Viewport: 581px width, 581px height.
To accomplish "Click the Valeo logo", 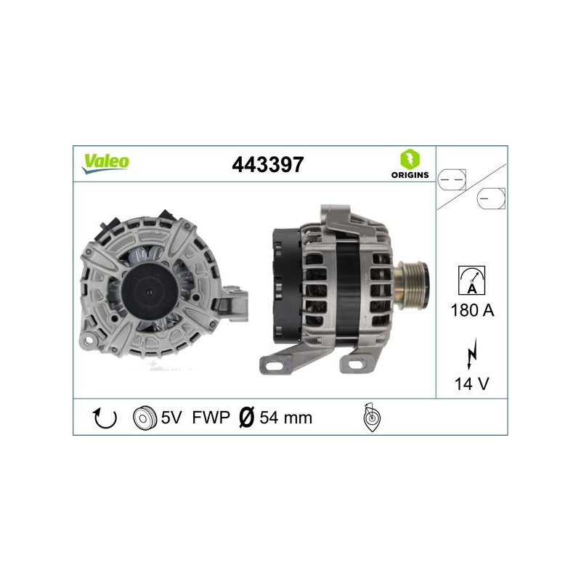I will [x=105, y=162].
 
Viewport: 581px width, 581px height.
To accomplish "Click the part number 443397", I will [x=267, y=165].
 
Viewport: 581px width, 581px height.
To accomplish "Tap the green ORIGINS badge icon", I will [x=409, y=158].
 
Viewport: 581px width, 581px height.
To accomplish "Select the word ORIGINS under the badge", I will [x=409, y=175].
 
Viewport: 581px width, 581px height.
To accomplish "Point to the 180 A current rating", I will [x=473, y=311].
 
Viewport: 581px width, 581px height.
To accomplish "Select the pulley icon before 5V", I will [x=146, y=418].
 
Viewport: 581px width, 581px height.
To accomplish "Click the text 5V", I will [x=171, y=418].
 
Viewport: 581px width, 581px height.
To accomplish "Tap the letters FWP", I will [x=211, y=418].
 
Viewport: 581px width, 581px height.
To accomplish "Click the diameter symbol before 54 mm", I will [x=246, y=418].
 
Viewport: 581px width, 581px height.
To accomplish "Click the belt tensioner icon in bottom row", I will [x=371, y=418].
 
